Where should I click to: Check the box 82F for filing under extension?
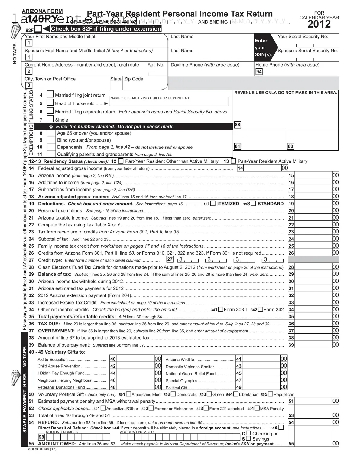click(x=38, y=29)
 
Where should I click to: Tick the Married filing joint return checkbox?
click(x=50, y=95)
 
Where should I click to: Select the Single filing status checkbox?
click(x=50, y=119)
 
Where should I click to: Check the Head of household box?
click(x=50, y=103)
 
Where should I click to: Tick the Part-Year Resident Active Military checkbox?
click(x=233, y=161)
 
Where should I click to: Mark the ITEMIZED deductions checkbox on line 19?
click(x=213, y=204)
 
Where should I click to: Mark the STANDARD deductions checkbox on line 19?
click(x=253, y=204)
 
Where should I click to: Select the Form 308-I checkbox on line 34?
click(x=221, y=309)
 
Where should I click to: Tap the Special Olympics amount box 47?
click(x=261, y=380)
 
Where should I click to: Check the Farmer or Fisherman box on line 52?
click(x=151, y=409)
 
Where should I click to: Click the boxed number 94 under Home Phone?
click(x=259, y=72)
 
